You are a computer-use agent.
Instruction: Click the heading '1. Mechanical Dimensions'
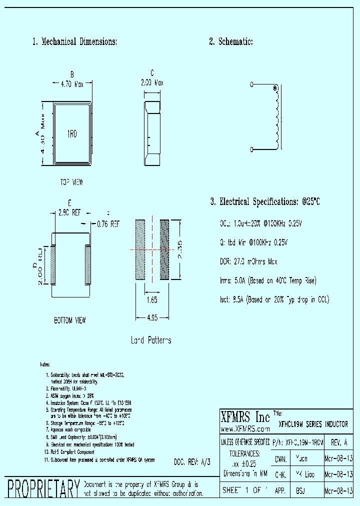[74, 42]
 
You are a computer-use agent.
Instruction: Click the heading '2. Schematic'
[231, 42]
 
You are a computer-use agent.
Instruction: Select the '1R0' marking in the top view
[72, 133]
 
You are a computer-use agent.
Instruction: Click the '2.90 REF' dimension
[70, 212]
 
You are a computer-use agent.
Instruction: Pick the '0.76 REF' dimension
[108, 224]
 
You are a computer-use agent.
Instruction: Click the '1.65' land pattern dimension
[151, 300]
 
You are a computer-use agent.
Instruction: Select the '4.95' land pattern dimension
[152, 317]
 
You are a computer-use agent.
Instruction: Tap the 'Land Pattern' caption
[151, 340]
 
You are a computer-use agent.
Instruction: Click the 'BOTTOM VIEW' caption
[70, 320]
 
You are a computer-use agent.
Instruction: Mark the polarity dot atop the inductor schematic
[274, 89]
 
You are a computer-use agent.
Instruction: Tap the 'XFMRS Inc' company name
[245, 417]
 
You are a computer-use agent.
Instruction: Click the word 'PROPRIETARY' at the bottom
[43, 488]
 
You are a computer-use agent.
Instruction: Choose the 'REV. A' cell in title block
[339, 443]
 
